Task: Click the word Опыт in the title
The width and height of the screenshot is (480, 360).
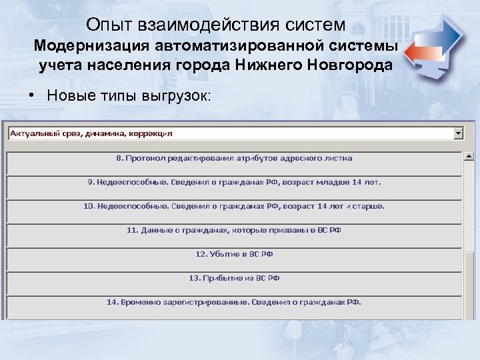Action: [109, 25]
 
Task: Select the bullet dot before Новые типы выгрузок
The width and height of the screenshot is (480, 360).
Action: [31, 95]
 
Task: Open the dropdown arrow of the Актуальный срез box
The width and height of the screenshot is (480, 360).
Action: [458, 133]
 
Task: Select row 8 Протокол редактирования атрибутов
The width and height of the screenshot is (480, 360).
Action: [234, 159]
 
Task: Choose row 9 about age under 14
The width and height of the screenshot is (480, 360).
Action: [234, 182]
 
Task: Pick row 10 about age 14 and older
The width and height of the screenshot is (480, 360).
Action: [234, 206]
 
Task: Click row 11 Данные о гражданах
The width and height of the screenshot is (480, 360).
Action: [234, 230]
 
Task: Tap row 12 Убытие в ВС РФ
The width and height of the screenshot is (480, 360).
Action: [234, 254]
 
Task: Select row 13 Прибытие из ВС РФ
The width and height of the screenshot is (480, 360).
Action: [234, 277]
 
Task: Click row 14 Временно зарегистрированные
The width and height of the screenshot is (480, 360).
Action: [234, 301]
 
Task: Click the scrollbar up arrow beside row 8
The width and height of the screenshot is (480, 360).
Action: [469, 157]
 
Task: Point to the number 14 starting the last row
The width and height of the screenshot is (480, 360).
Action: [111, 302]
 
